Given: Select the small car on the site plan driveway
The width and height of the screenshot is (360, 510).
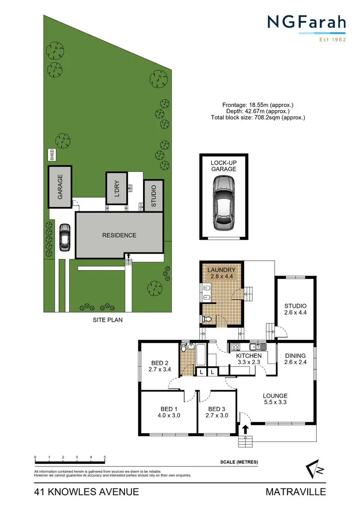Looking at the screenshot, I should pyautogui.click(x=64, y=237).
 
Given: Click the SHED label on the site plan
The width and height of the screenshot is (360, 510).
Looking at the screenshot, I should pyautogui.click(x=52, y=155).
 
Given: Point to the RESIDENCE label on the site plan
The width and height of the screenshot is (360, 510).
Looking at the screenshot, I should pyautogui.click(x=119, y=235).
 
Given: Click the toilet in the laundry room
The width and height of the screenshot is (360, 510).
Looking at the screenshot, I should pyautogui.click(x=207, y=319).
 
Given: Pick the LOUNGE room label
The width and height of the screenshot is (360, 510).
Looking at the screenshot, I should pyautogui.click(x=275, y=396).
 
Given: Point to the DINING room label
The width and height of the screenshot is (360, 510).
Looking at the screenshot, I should pyautogui.click(x=295, y=356).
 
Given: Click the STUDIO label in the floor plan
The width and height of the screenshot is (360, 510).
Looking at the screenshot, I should pyautogui.click(x=295, y=306).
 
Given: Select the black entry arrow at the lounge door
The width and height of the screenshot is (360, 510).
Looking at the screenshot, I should pyautogui.click(x=245, y=429).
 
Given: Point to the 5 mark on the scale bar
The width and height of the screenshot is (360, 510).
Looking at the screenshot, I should pyautogui.click(x=105, y=458).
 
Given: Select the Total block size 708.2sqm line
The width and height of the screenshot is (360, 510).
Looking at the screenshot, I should pyautogui.click(x=258, y=117).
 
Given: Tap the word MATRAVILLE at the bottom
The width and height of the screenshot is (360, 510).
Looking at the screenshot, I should pyautogui.click(x=296, y=492).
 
